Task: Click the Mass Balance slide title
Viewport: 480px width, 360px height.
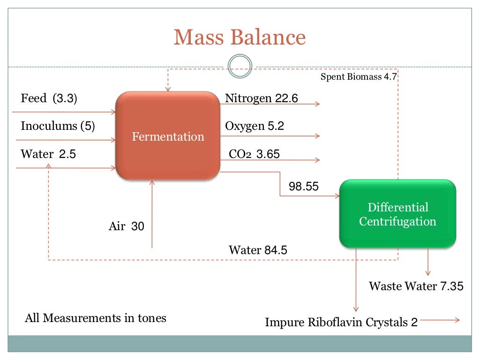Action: point(240,37)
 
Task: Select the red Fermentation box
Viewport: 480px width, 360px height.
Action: point(168,136)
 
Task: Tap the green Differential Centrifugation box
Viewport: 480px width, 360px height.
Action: point(397,214)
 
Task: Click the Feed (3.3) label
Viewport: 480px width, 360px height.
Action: point(49,98)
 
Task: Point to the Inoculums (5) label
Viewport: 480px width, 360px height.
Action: point(58,126)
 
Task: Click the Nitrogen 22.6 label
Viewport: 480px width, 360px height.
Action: point(262,98)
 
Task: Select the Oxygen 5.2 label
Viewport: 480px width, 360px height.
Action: point(255,126)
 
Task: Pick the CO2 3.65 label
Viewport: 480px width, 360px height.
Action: point(254,154)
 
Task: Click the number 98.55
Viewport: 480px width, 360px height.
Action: point(304,187)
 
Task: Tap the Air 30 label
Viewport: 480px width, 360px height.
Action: point(127,226)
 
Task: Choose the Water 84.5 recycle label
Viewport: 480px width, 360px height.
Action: point(258,250)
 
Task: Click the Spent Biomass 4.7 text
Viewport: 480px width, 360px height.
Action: point(359,76)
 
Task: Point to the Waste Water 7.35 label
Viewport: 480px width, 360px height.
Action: point(416,286)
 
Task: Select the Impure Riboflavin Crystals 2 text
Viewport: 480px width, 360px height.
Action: point(341,322)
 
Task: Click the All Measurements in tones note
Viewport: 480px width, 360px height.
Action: point(95,318)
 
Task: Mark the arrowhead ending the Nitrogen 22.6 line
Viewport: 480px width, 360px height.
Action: point(318,104)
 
